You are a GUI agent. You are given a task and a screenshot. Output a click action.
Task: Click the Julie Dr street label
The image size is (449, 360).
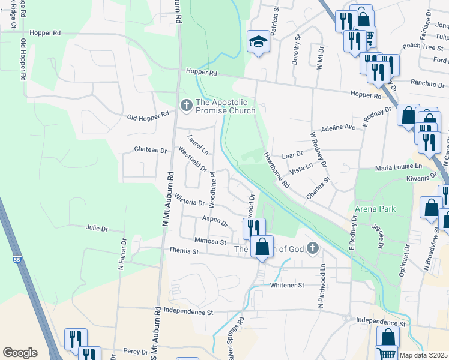pos(97,229)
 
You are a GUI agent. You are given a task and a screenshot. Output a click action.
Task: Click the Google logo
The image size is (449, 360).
pos(20,353)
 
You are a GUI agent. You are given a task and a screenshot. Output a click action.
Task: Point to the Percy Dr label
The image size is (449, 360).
pos(134,351)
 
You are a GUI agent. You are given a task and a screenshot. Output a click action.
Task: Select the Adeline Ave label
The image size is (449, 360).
pos(339,128)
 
